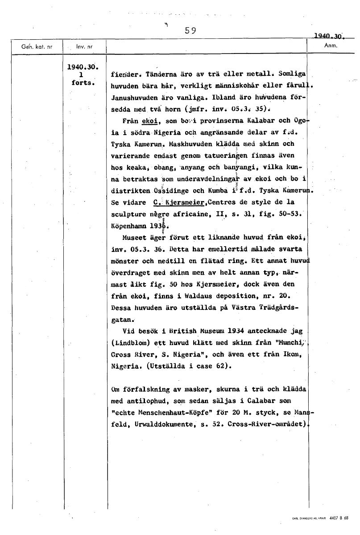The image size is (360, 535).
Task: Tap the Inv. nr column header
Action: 84,46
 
